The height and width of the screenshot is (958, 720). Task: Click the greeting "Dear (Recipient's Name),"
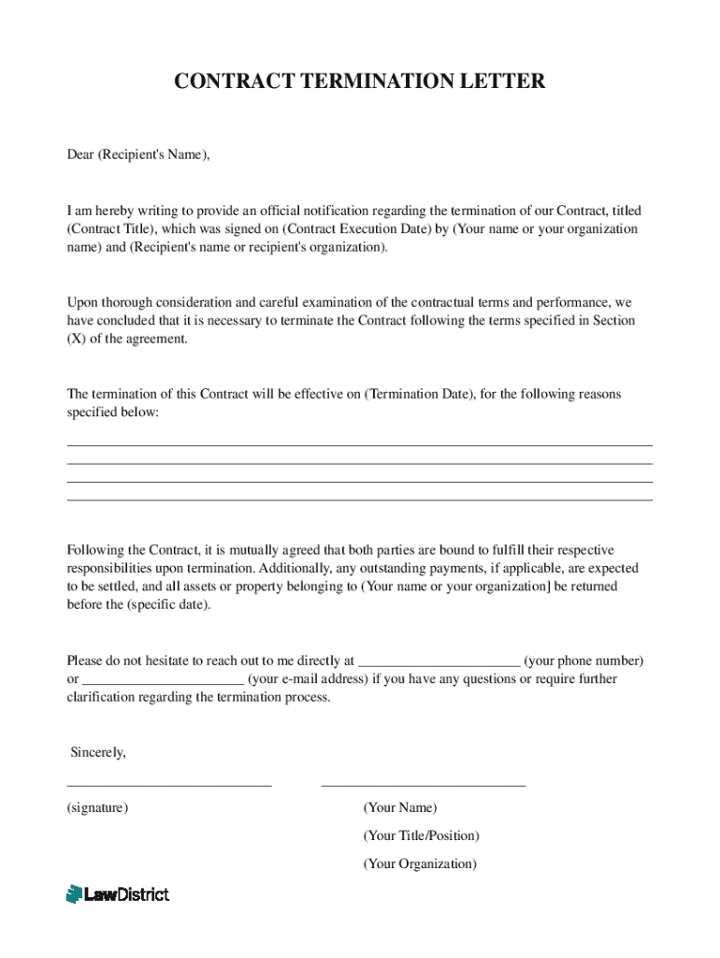(x=138, y=155)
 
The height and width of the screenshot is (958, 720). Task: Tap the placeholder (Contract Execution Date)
(x=356, y=229)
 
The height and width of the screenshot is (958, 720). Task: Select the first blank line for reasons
(x=359, y=445)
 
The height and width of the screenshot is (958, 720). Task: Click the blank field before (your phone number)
(x=439, y=661)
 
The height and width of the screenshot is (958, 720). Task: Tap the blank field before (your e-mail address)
(x=164, y=680)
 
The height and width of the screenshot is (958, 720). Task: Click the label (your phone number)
(x=583, y=660)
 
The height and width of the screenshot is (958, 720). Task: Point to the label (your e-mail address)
(x=309, y=679)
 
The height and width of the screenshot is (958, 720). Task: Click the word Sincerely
(x=98, y=753)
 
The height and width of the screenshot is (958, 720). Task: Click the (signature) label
(x=97, y=807)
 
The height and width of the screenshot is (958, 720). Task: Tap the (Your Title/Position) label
(x=421, y=835)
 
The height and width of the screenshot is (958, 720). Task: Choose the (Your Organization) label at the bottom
(x=420, y=864)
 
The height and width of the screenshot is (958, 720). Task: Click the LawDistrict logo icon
(x=75, y=894)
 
